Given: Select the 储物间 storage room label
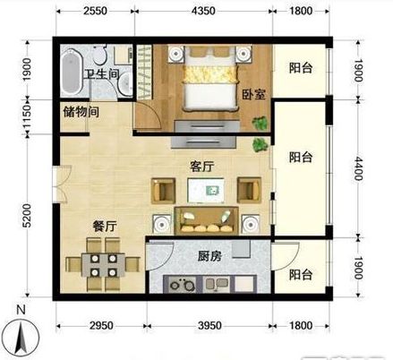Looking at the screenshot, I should click(81, 113).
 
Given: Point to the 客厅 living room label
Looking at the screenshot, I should click(204, 167).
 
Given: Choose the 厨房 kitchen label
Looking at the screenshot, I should click(210, 256).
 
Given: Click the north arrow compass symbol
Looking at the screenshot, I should click(29, 336).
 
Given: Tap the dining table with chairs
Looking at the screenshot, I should click(100, 266).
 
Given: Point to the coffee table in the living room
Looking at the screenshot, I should click(209, 189).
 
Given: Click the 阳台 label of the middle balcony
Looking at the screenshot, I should click(302, 157).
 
